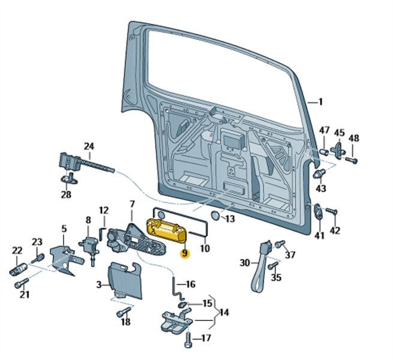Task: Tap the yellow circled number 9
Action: (184, 253)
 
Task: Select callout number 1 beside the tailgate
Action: (320, 102)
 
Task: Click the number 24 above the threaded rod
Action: (89, 146)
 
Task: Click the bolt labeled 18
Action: (123, 312)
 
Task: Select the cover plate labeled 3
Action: (125, 280)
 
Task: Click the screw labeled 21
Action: (22, 283)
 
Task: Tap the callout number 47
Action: (324, 131)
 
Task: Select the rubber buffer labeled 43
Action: (319, 173)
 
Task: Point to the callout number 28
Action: (66, 194)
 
